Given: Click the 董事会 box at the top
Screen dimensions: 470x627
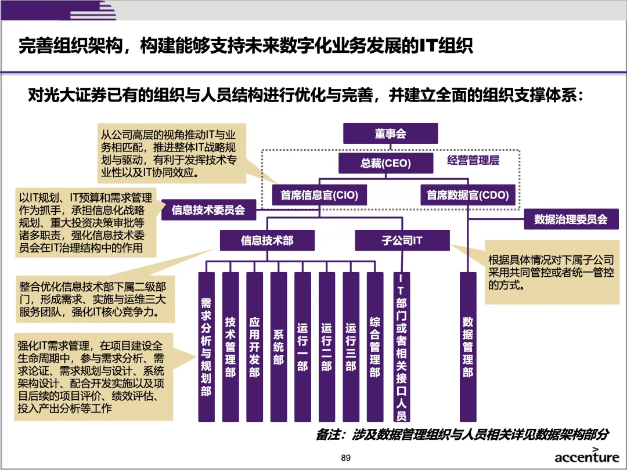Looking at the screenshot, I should pyautogui.click(x=390, y=134).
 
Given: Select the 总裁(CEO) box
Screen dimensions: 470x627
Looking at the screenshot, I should pyautogui.click(x=385, y=163).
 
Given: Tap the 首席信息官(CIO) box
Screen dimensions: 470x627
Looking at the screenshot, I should pyautogui.click(x=319, y=195).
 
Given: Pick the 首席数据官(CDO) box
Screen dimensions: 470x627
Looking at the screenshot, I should pyautogui.click(x=467, y=195).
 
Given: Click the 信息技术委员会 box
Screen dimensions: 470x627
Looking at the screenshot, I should pyautogui.click(x=208, y=210).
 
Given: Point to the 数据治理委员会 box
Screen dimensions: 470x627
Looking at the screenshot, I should pyautogui.click(x=571, y=219).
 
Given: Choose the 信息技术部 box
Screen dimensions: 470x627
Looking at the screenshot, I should pyautogui.click(x=268, y=240).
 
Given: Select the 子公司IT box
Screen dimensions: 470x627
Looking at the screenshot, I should pyautogui.click(x=402, y=240).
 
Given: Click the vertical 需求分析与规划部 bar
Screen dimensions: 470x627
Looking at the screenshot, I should pyautogui.click(x=206, y=346).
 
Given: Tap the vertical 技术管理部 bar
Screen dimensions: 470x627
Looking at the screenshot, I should pyautogui.click(x=230, y=346).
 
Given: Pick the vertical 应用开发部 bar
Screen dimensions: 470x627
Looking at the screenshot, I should pyautogui.click(x=254, y=346).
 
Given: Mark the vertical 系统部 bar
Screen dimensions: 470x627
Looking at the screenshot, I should pyautogui.click(x=279, y=346).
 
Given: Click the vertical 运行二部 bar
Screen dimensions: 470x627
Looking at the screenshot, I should pyautogui.click(x=327, y=346).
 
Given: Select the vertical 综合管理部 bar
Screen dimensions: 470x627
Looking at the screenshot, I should pyautogui.click(x=375, y=346).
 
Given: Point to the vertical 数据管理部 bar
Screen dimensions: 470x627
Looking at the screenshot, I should pyautogui.click(x=468, y=346).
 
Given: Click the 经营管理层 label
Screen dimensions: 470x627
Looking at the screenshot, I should pyautogui.click(x=473, y=161).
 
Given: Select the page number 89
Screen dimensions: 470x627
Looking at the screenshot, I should pyautogui.click(x=346, y=458).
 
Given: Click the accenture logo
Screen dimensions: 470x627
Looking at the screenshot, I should pyautogui.click(x=586, y=457).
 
